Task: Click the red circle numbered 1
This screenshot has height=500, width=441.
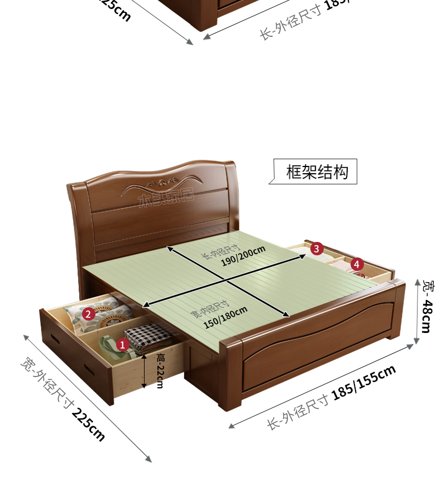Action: pyautogui.click(x=123, y=344)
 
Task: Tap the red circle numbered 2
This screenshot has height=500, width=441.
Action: pyautogui.click(x=88, y=314)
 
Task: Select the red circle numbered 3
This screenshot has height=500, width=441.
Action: pyautogui.click(x=316, y=248)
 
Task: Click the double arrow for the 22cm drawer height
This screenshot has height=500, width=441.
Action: pyautogui.click(x=144, y=370)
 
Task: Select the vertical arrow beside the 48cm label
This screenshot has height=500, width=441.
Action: pyautogui.click(x=416, y=312)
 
